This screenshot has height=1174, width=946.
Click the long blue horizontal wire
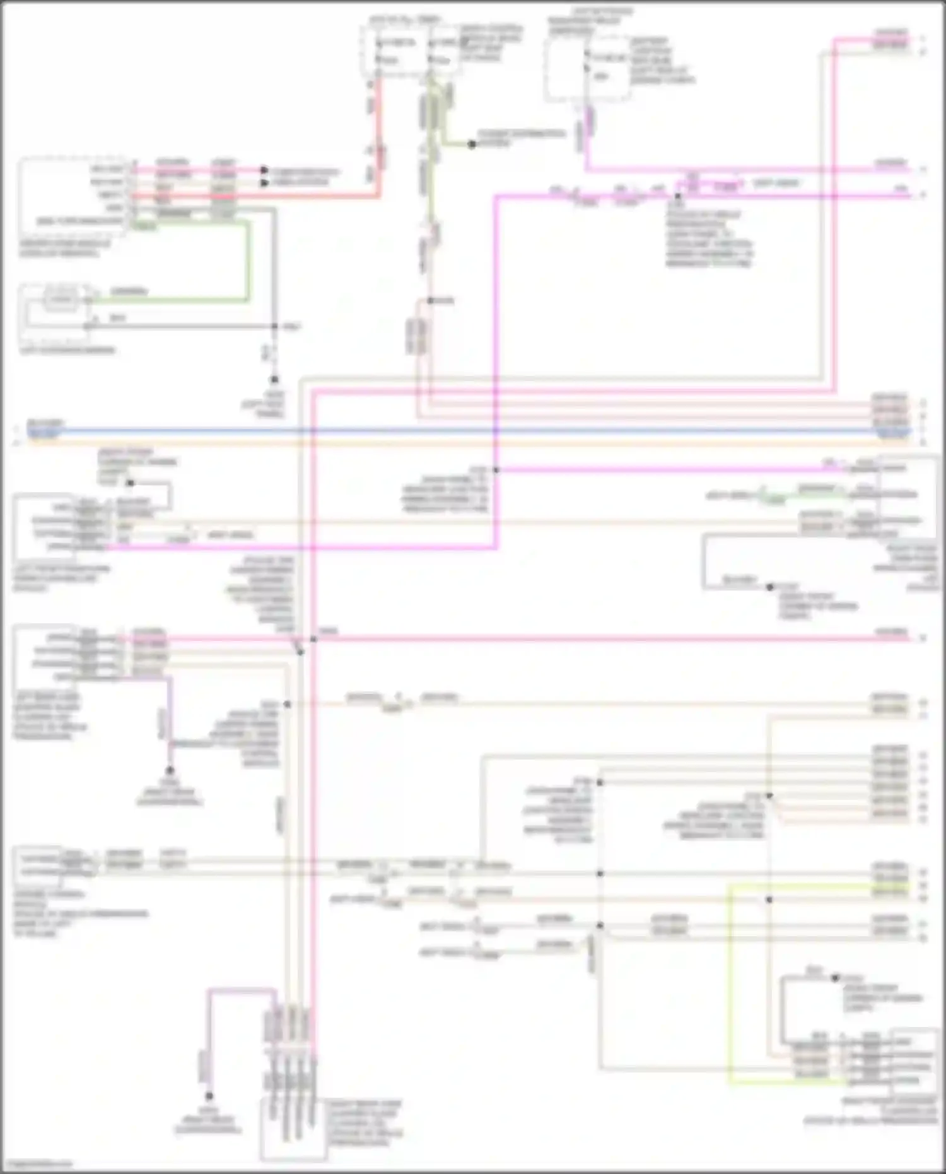[441, 431]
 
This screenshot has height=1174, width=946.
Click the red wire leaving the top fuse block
[378, 139]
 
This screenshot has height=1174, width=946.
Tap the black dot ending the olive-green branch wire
[472, 144]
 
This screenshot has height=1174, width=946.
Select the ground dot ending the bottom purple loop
[209, 1096]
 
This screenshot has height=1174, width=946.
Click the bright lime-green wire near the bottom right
[730, 984]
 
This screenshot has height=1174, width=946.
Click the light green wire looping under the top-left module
[248, 265]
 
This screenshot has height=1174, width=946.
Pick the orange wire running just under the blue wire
[441, 442]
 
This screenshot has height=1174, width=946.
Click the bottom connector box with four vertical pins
[293, 1129]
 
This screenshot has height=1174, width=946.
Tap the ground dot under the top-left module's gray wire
[274, 379]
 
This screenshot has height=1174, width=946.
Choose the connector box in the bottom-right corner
[913, 1066]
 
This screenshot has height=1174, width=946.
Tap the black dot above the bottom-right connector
[834, 978]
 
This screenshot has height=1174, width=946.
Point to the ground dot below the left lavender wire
[169, 770]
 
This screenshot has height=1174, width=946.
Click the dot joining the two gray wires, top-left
[274, 326]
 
